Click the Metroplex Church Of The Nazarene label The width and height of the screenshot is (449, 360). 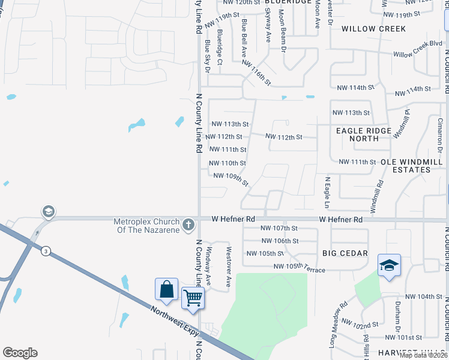coord(147,226)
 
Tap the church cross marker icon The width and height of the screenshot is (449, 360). coord(188,225)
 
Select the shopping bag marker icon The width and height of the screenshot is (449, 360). coord(166,289)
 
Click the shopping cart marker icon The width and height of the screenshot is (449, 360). coord(193,297)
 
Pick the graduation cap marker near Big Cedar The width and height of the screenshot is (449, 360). coord(388,265)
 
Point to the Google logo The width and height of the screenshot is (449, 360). coord(20,353)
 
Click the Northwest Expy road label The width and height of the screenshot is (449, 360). coord(178,323)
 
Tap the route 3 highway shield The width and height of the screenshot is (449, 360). coord(45,251)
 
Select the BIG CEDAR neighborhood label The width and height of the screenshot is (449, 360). coord(345,253)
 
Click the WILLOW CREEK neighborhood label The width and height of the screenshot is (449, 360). coord(373,29)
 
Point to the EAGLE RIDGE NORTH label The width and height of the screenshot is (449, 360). coord(364,134)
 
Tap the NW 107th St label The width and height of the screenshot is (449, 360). coord(279,228)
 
